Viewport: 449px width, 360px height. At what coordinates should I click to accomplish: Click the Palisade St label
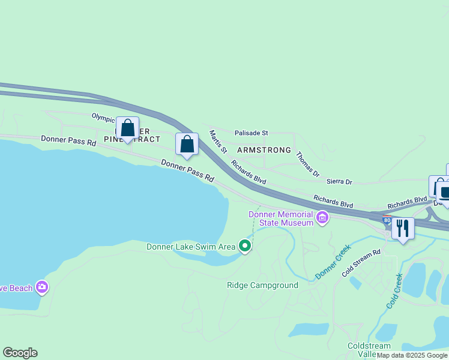tap(251, 133)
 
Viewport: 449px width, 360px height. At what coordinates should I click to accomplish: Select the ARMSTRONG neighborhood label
tap(264, 150)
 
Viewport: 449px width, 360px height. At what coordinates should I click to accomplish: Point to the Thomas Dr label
tap(307, 164)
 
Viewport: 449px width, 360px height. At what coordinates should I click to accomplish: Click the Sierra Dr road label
tap(339, 181)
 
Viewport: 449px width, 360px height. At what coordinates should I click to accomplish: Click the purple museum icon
tap(322, 217)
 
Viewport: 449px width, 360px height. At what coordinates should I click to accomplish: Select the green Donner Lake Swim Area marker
tap(245, 246)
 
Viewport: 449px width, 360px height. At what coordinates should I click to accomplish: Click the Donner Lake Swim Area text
tap(191, 247)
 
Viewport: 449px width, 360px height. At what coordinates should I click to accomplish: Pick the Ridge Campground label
tap(262, 285)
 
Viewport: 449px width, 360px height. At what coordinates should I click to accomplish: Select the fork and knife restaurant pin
tap(403, 229)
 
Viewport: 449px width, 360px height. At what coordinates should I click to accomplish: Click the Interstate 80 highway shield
tap(387, 220)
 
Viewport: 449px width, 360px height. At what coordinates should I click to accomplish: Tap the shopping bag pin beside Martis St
tap(187, 145)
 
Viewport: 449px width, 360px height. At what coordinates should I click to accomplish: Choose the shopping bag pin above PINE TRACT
tap(127, 128)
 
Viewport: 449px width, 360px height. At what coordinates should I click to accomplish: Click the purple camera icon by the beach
tap(41, 287)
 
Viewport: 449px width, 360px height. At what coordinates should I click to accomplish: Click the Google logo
tap(20, 353)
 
